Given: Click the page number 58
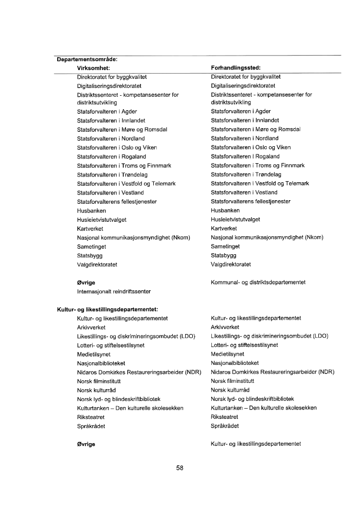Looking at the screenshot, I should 179,468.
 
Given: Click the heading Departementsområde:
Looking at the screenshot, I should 87,59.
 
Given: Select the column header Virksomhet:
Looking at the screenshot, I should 94,67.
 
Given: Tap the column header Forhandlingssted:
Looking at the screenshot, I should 236,67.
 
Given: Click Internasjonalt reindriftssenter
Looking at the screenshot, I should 114,291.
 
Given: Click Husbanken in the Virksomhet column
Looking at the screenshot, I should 92,210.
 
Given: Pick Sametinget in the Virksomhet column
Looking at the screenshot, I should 92,246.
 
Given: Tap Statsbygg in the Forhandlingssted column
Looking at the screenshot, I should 224,255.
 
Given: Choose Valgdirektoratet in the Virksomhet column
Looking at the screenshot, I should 97,265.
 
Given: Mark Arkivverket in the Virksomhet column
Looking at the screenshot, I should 91,327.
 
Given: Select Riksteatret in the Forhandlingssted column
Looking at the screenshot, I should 225,417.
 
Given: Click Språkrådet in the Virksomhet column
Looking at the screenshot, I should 91,426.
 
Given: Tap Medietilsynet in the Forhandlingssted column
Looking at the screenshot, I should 228,354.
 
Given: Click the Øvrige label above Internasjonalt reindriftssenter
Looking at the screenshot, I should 86,283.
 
